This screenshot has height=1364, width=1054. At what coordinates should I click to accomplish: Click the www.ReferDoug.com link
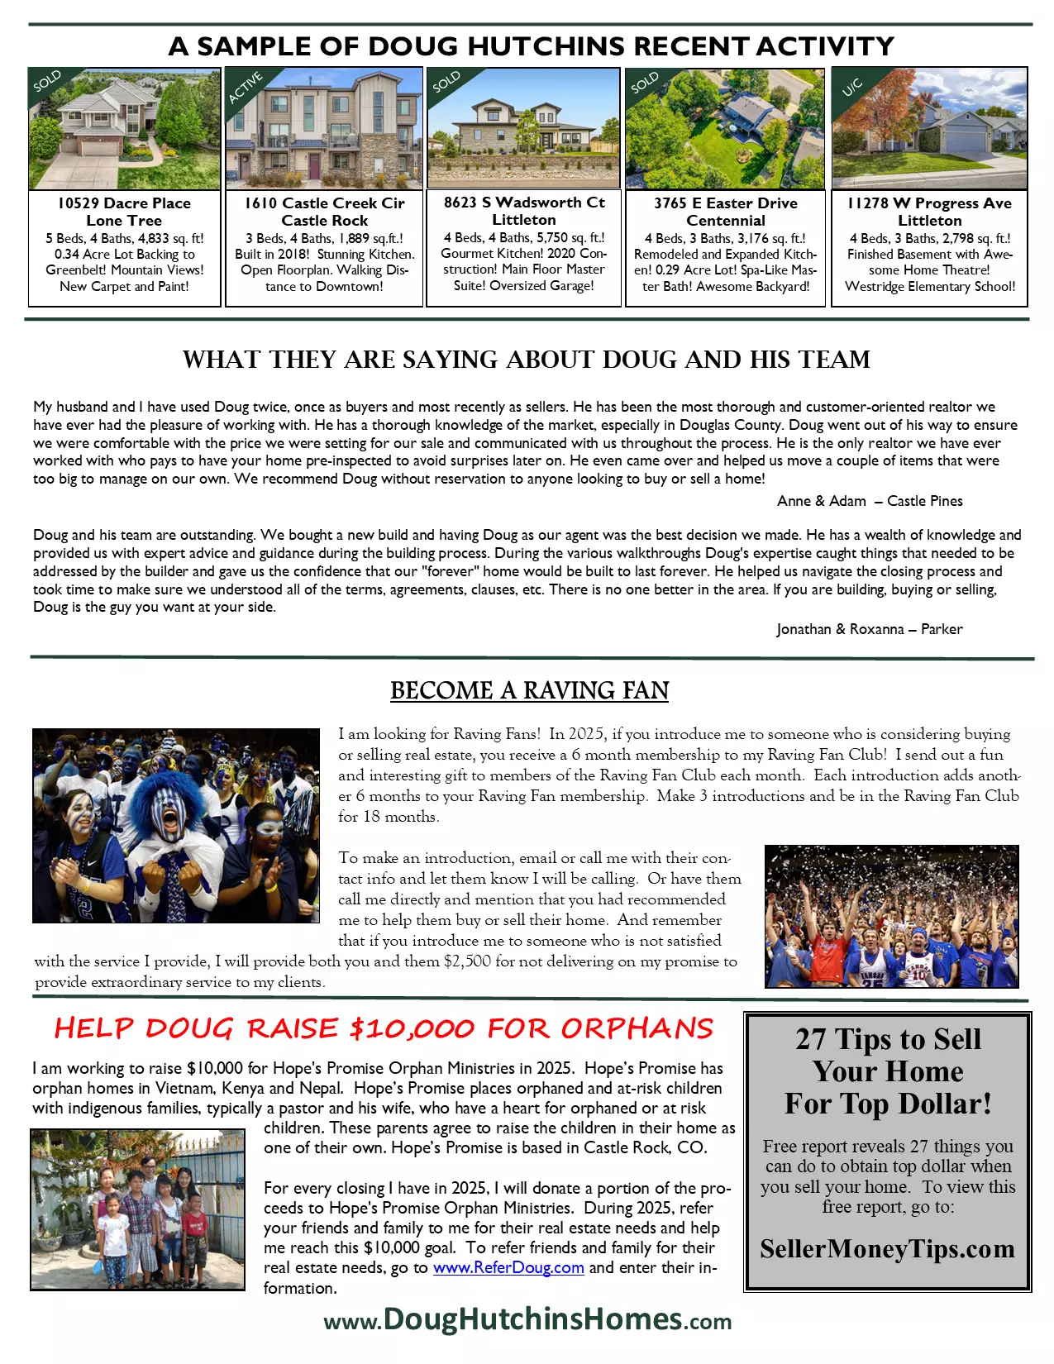pyautogui.click(x=508, y=1267)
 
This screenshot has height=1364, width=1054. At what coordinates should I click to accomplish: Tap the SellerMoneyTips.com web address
pyautogui.click(x=887, y=1248)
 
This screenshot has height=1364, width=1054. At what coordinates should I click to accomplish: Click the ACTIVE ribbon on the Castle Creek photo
pyautogui.click(x=246, y=88)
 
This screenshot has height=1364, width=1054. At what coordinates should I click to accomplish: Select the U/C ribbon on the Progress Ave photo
pyautogui.click(x=851, y=87)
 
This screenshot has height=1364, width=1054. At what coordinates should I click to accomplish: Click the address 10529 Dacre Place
pyautogui.click(x=124, y=203)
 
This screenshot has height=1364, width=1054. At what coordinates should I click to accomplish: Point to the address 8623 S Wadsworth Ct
pyautogui.click(x=524, y=203)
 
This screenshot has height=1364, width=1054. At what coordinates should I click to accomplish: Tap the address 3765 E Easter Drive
pyautogui.click(x=726, y=203)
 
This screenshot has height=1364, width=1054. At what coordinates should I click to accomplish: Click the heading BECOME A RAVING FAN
pyautogui.click(x=529, y=690)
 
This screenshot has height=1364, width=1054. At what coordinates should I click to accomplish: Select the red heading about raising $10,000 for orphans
pyautogui.click(x=384, y=1028)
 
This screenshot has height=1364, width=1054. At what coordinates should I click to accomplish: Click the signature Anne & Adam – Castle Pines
pyautogui.click(x=870, y=501)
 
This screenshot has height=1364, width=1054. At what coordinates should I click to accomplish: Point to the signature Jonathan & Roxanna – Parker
pyautogui.click(x=870, y=629)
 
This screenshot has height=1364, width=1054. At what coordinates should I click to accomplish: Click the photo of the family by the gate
pyautogui.click(x=138, y=1209)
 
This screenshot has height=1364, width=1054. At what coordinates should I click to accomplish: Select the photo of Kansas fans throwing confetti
pyautogui.click(x=892, y=916)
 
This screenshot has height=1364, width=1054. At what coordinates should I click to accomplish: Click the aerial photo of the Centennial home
pyautogui.click(x=725, y=129)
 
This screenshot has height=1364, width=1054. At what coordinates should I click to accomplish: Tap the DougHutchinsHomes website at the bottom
pyautogui.click(x=527, y=1319)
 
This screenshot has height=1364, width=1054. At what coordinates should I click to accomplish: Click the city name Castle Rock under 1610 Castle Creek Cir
pyautogui.click(x=324, y=221)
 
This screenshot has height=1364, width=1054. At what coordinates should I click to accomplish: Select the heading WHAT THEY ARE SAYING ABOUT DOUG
pyautogui.click(x=527, y=360)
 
